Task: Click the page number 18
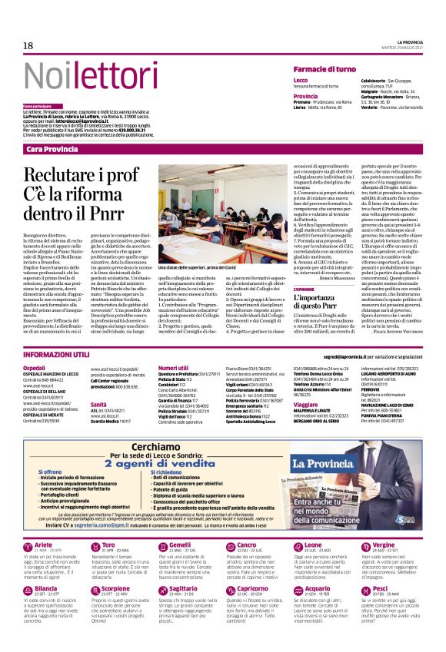pos(28,46)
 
